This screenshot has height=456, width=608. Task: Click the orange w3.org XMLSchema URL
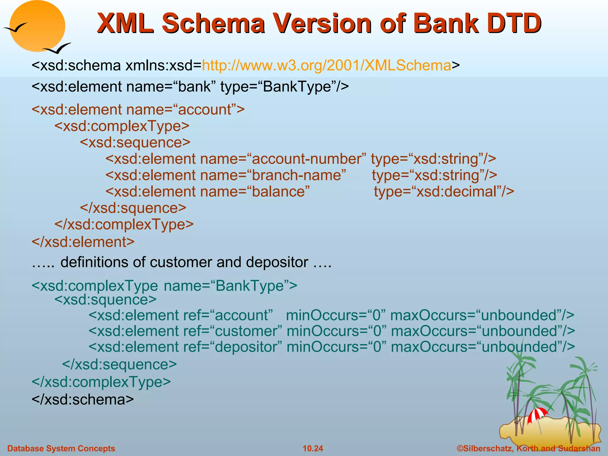pos(327,65)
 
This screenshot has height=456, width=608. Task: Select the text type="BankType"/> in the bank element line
pos(284,87)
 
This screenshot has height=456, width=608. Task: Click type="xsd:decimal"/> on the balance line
pos(444,191)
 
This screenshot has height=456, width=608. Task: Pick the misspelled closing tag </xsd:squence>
pos(133,208)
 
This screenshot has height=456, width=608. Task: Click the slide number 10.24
pos(313,448)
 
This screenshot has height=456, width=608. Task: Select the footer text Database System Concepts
pos(61,448)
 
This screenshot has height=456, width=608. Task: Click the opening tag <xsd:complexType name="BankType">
pos(164,286)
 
